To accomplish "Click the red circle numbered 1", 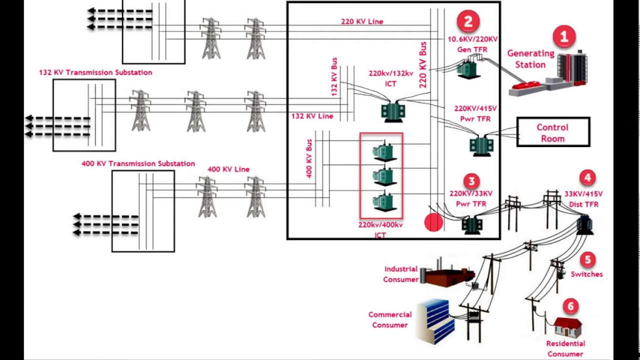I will point(564,37).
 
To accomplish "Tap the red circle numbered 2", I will point(468,21).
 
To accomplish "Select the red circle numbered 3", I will point(471,181).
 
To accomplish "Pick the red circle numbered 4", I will point(587,178).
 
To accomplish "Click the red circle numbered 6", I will point(570,306).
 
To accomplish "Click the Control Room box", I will point(553,132).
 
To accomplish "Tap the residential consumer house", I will point(567,327).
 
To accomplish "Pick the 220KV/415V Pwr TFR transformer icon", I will point(481,145).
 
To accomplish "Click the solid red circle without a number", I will point(433,222).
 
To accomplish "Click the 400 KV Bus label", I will point(309,158).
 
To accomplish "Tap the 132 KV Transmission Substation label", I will point(95,72).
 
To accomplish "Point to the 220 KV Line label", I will point(362,21).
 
